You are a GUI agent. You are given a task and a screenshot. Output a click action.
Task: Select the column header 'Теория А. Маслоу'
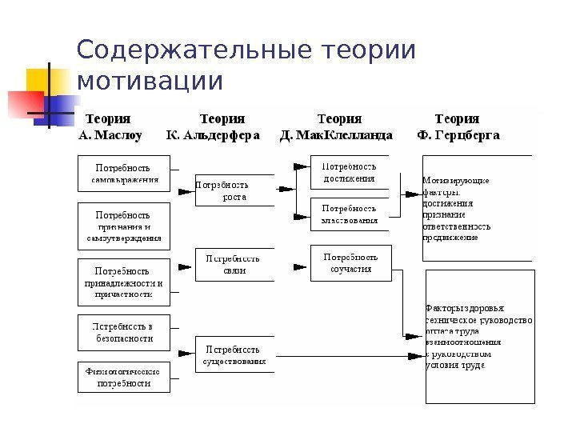point(110,127)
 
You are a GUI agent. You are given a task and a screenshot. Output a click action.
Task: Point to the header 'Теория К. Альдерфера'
point(212,127)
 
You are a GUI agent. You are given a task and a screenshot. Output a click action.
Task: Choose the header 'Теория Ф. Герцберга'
point(458,127)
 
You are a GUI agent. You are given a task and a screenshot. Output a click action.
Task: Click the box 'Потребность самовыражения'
point(123,174)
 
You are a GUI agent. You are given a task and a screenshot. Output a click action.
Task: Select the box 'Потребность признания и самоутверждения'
point(123,226)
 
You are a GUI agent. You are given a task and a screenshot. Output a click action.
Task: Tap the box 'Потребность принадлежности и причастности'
point(123,282)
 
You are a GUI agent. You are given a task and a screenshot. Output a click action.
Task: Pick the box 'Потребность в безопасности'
point(123,333)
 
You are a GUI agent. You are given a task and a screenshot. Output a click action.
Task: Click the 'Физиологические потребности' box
point(123,376)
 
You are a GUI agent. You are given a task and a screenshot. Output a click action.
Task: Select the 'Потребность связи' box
point(234,264)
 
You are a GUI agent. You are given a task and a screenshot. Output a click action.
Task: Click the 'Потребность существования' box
point(234,355)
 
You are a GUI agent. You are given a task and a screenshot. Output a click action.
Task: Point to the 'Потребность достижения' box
point(349,173)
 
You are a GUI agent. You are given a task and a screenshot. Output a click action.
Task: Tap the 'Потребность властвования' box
point(349,214)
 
